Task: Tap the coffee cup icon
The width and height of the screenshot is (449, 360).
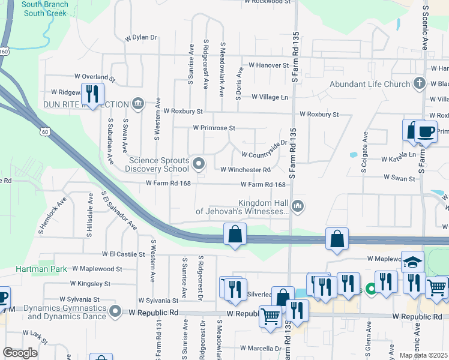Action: (x=426, y=131)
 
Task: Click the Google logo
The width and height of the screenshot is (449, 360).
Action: (x=20, y=353)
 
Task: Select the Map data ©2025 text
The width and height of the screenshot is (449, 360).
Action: (x=424, y=355)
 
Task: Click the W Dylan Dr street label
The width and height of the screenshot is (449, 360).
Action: (x=140, y=37)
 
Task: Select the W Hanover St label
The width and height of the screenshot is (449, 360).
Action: (x=268, y=65)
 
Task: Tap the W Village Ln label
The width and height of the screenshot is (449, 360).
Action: (x=270, y=97)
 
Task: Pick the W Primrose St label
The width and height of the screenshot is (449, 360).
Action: (x=214, y=128)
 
